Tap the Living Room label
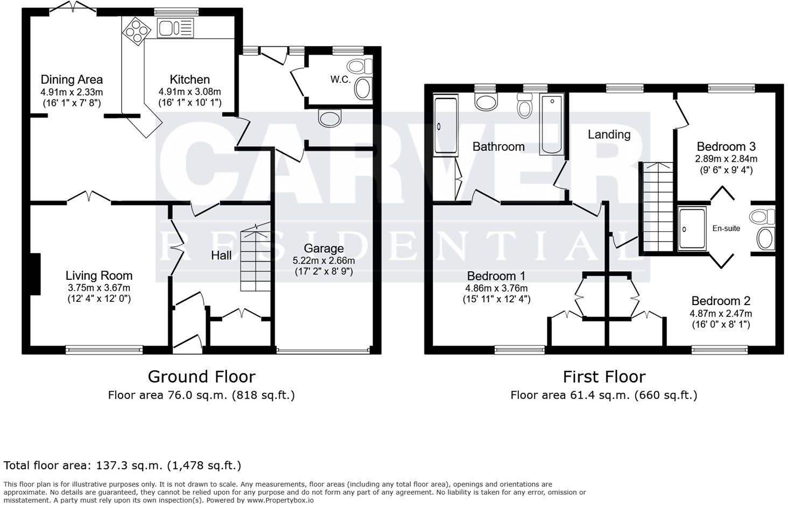(99, 276)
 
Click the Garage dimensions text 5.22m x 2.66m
(323, 260)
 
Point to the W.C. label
(340, 80)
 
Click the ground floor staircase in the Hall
(256, 258)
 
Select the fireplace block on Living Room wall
(34, 274)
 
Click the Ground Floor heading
(201, 376)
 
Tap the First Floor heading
(604, 376)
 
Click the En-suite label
(726, 228)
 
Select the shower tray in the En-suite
(692, 229)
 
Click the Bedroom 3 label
(726, 146)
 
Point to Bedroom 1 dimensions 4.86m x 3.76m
(496, 288)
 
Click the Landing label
(609, 135)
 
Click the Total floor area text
(122, 465)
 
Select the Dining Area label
(72, 80)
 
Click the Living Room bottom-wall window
(104, 350)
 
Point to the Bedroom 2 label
(721, 301)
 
